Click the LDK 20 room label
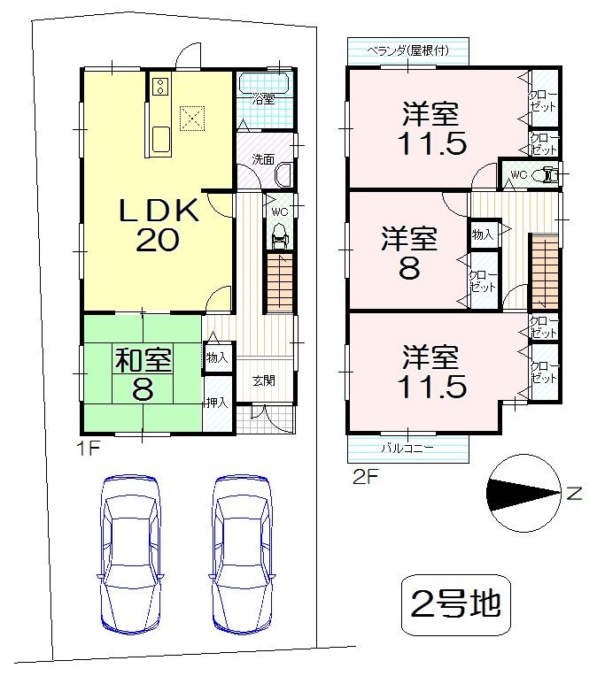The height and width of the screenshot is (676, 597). pyautogui.click(x=159, y=225)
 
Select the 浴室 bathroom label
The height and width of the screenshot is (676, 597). pyautogui.click(x=263, y=98)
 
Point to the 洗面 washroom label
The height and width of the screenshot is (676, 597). pyautogui.click(x=262, y=160)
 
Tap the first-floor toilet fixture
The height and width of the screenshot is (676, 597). pyautogui.click(x=279, y=235)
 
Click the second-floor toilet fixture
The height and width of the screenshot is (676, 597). pyautogui.click(x=548, y=175)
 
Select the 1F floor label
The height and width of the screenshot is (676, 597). pyautogui.click(x=88, y=448)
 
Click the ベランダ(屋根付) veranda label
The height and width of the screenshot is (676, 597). pyautogui.click(x=408, y=50)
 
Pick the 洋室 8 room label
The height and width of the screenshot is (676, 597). pyautogui.click(x=408, y=252)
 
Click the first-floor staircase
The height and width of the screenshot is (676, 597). pyautogui.click(x=279, y=281)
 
